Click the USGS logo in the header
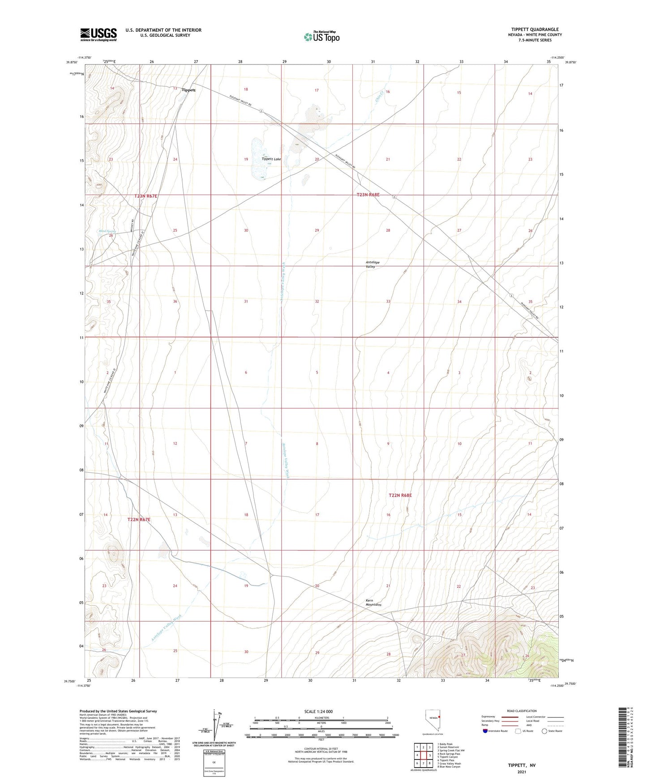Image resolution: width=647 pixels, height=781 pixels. coord(99,34)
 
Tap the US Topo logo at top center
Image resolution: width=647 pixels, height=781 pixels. coord(321,37)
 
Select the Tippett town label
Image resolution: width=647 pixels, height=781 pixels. coord(189,90)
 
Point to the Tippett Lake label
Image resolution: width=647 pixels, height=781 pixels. coord(271,159)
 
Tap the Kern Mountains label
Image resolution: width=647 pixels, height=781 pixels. coord(373,603)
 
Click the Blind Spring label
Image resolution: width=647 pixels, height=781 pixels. coord(107,231)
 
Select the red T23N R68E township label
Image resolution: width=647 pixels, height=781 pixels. coord(368,195)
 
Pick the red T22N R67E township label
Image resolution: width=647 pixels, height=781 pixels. coord(139,520)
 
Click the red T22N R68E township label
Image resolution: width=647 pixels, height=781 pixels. coord(400,495)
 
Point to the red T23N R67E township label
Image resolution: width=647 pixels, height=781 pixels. coord(146,196)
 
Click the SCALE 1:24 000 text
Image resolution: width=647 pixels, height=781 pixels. coord(318,711)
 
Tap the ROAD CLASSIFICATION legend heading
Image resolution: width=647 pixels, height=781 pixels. coord(522,711)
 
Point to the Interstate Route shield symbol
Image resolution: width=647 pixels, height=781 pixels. coord(485,731)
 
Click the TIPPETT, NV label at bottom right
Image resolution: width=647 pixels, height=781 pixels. coord(522,765)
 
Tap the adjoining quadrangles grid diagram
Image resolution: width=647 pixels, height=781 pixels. coord(423,755)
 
